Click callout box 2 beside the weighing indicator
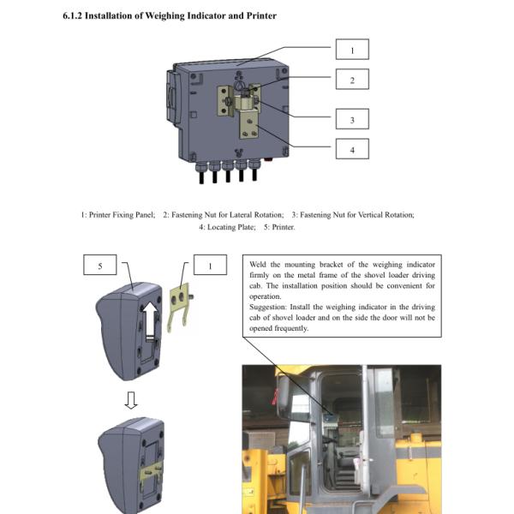click(x=351, y=81)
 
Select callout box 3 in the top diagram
click(x=351, y=119)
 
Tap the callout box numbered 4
click(x=351, y=150)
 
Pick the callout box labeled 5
click(x=100, y=266)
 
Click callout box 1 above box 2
click(x=351, y=50)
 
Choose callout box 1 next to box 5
click(x=210, y=266)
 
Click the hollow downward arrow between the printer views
click(x=129, y=400)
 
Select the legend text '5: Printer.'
click(x=278, y=227)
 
